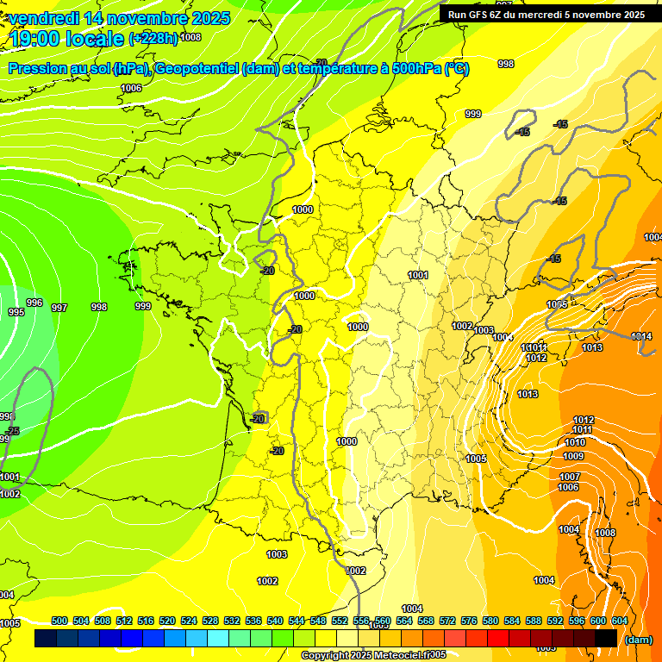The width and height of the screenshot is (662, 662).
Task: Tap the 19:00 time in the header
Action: click(32, 39)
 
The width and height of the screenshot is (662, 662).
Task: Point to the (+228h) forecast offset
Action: click(153, 38)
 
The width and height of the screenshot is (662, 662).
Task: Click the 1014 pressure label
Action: click(641, 336)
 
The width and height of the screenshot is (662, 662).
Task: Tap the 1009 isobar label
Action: click(573, 456)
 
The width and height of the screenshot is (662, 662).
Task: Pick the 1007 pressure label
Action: click(570, 477)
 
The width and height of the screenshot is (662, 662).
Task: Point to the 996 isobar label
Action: click(34, 303)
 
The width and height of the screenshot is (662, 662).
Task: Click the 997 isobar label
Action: click(59, 308)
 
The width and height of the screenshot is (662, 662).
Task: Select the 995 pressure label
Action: click(16, 312)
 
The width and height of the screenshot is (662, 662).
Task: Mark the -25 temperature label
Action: click(12, 430)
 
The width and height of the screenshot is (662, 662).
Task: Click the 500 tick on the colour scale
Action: click(59, 621)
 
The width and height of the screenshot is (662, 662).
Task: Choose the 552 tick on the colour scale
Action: click(340, 621)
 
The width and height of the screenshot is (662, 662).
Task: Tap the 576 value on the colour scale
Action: click(469, 621)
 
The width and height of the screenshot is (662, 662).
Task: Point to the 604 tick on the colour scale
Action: click(620, 621)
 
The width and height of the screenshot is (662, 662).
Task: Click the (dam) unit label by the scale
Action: click(638, 639)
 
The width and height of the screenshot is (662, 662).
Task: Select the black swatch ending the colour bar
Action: click(606, 638)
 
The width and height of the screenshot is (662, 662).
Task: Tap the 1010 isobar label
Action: click(576, 442)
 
